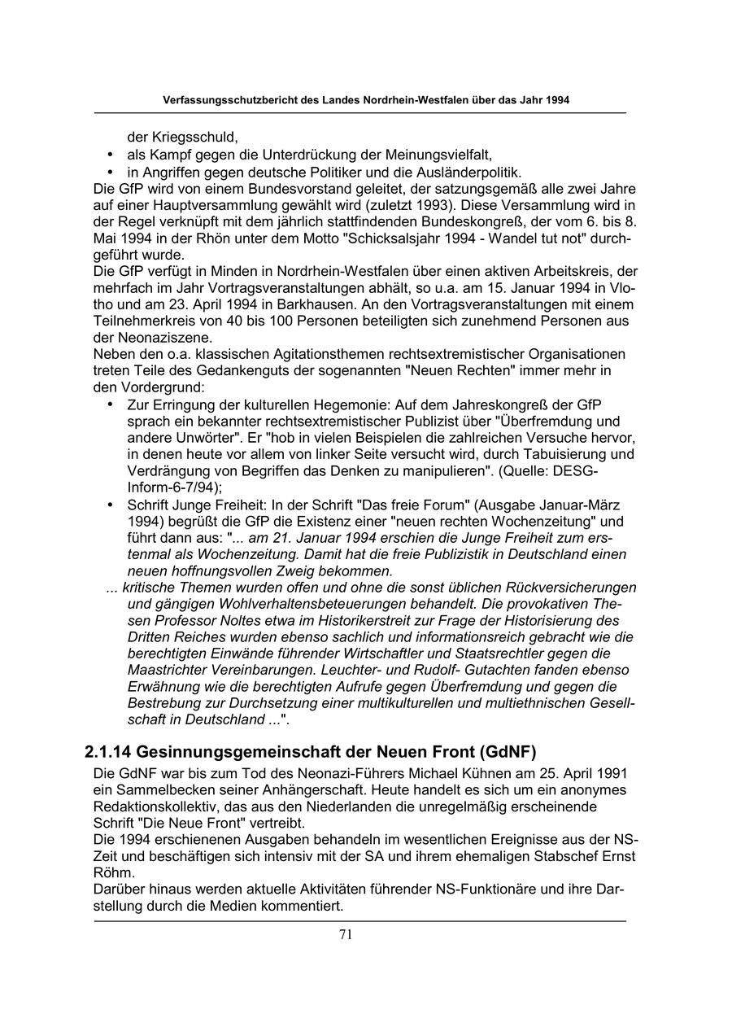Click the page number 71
click(x=346, y=935)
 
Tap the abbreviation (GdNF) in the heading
click(x=508, y=750)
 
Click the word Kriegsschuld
click(x=194, y=137)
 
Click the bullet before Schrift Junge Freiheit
click(x=111, y=505)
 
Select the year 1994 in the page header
click(x=557, y=100)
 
